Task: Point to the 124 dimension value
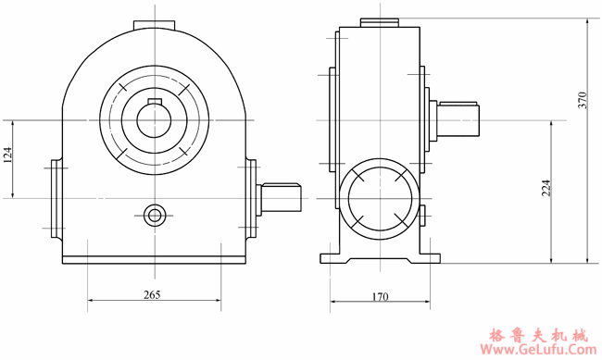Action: (x=8, y=158)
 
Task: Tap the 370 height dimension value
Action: (x=583, y=102)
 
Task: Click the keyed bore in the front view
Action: (x=155, y=119)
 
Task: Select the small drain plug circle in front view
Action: (x=155, y=216)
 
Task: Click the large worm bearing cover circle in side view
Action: (x=378, y=196)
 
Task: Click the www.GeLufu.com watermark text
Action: (x=533, y=351)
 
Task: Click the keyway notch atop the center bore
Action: (x=155, y=98)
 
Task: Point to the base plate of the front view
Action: (x=155, y=259)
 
